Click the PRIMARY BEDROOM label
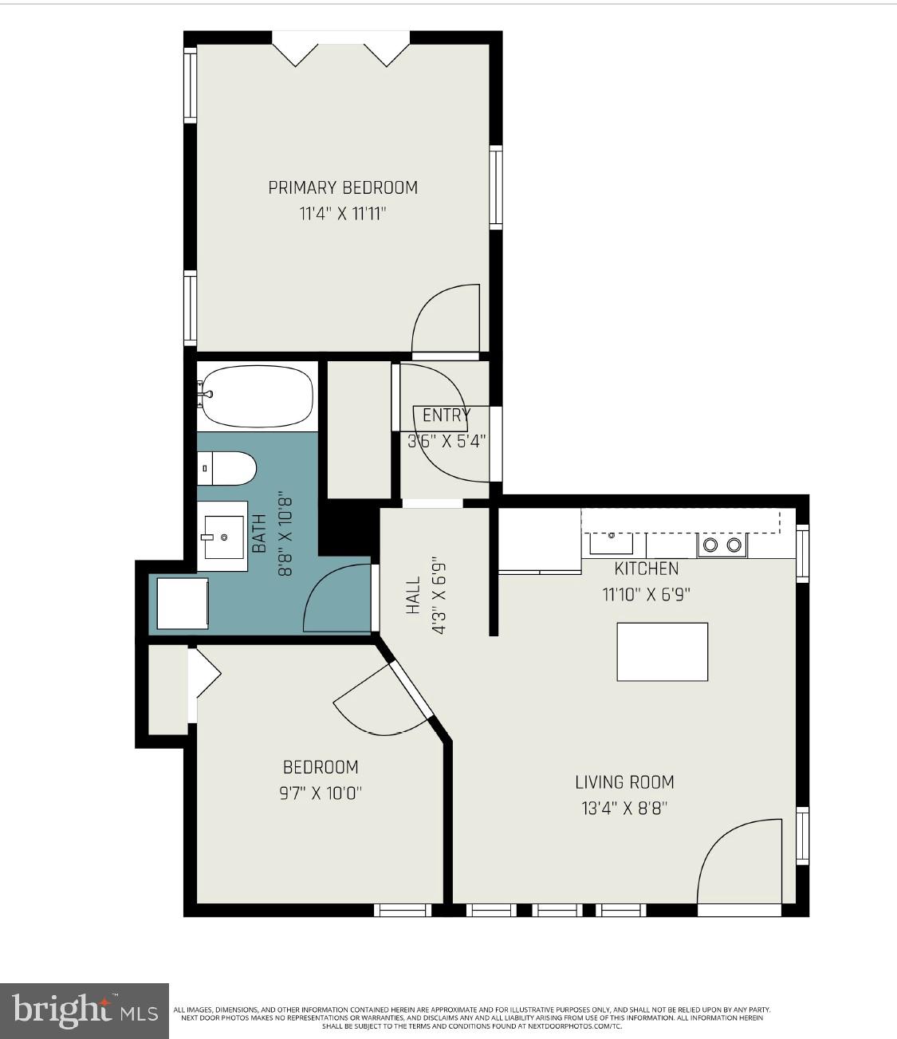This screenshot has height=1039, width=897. click(343, 187)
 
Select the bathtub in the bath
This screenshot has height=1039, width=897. click(256, 396)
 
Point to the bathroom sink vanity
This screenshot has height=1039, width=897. click(222, 536)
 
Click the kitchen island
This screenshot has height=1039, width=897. click(662, 651)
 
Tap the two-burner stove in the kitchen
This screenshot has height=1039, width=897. click(722, 545)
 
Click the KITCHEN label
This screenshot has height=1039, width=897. click(646, 569)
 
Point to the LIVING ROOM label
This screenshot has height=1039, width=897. click(624, 782)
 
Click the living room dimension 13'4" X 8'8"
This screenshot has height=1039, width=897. click(624, 809)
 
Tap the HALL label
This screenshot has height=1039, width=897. click(413, 596)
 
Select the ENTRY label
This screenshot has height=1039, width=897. click(446, 415)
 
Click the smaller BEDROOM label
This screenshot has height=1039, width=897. click(321, 767)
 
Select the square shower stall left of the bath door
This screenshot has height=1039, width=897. click(183, 604)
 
